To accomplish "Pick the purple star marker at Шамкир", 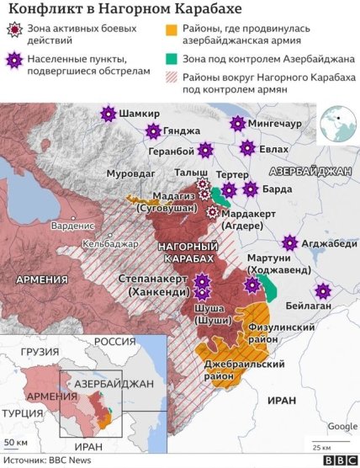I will coord(107,114).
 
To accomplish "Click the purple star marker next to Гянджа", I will coord(152,131).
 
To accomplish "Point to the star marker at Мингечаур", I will coord(238,124).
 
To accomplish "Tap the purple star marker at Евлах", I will coord(246,148).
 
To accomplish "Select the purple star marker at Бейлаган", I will coord(322,291).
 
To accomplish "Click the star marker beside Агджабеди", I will coord(290,243).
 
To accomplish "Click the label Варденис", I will coord(72,226).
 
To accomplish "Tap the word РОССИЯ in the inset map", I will coord(115,343).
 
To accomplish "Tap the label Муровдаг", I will coord(130,173).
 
